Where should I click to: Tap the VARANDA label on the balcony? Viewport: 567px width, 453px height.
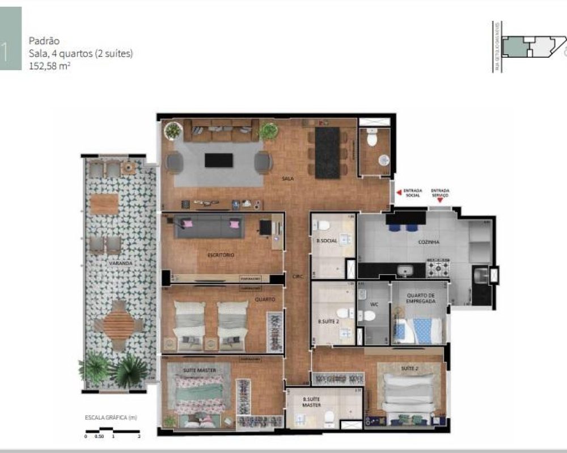[x=121, y=263]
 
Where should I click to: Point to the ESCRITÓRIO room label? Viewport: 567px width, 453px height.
[x=221, y=255]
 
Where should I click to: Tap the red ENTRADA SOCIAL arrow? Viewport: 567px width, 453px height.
[x=399, y=192]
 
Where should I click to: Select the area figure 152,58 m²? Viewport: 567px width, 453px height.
[x=50, y=65]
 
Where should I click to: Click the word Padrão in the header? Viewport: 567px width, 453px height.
[x=44, y=41]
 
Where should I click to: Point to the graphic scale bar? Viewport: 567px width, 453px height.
[x=112, y=430]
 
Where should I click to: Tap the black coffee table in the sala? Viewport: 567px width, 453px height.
[x=218, y=160]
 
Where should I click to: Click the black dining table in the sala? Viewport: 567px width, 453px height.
[x=327, y=152]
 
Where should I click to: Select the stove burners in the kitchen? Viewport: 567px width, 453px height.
[x=438, y=268]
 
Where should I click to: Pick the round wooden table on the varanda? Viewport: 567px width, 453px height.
[x=120, y=324]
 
